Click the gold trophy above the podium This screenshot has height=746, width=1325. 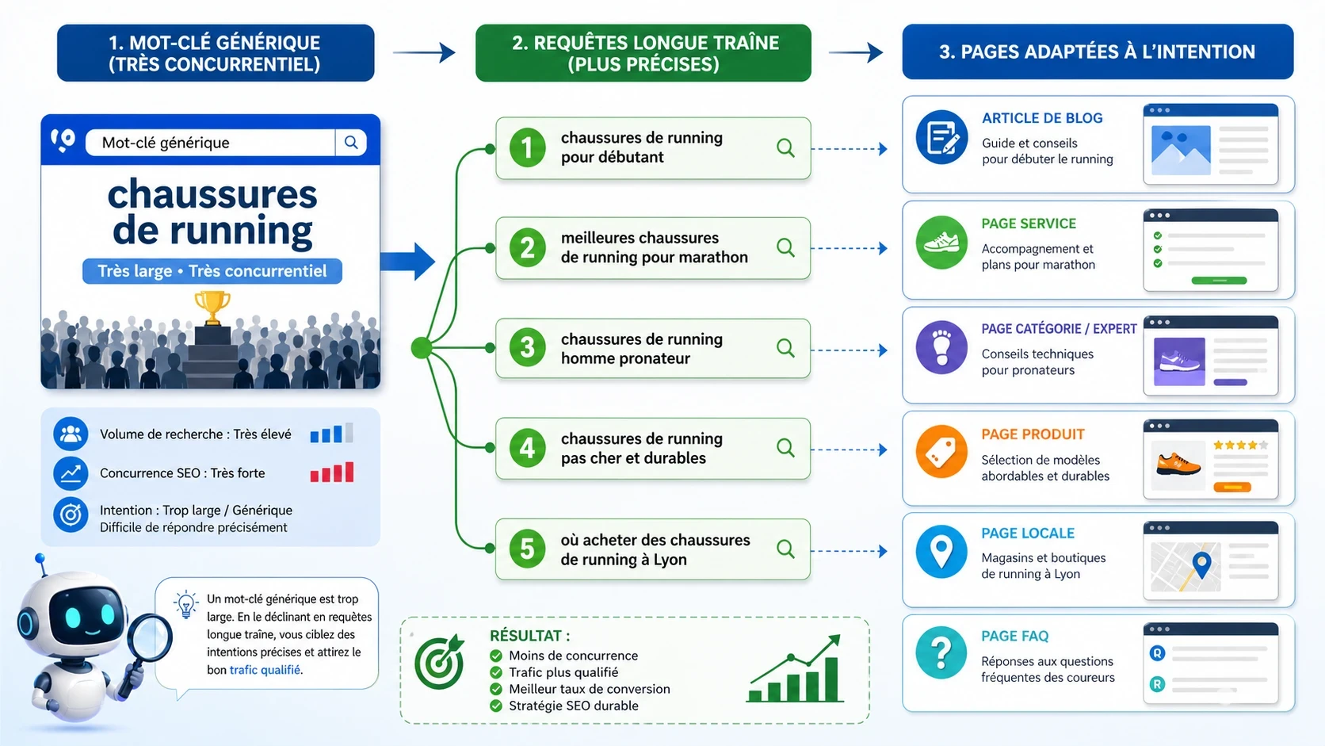click(212, 306)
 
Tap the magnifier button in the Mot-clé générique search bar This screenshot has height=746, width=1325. click(351, 143)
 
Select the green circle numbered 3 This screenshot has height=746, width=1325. click(527, 347)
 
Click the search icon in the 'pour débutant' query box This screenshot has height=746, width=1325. click(785, 147)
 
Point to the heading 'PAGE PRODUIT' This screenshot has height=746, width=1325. click(1033, 434)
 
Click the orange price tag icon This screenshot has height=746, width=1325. click(941, 452)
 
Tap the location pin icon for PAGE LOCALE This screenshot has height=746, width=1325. click(941, 551)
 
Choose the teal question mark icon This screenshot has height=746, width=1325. click(941, 652)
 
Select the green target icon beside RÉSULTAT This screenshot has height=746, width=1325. click(440, 662)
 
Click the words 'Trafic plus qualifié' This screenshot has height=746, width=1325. click(563, 672)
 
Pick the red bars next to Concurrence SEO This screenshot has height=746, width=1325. click(332, 473)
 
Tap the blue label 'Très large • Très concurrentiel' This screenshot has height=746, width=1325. click(212, 271)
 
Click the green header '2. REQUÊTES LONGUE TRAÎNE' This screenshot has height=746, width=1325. click(643, 53)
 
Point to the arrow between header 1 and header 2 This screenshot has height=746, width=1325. click(425, 53)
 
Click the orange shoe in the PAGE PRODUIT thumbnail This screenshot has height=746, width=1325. click(1178, 463)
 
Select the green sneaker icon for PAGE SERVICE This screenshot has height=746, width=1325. click(941, 243)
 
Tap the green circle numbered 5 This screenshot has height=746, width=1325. click(527, 549)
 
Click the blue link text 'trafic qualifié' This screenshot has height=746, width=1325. click(265, 670)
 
